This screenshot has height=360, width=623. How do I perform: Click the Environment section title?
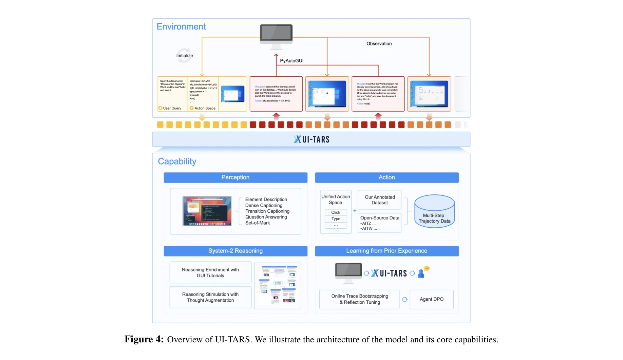click(x=181, y=27)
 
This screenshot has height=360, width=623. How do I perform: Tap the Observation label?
click(x=379, y=44)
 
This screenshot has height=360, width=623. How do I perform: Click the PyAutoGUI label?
click(x=291, y=61)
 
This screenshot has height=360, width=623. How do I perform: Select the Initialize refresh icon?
click(x=184, y=56)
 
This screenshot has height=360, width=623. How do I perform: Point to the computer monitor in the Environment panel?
click(x=276, y=35)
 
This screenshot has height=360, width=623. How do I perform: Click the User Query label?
click(x=172, y=108)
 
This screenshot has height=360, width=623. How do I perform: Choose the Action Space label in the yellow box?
click(x=205, y=108)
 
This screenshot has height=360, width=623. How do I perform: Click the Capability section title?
click(x=177, y=162)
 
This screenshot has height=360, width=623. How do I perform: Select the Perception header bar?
click(x=235, y=177)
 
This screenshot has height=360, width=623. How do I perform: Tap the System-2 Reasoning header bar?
click(x=235, y=251)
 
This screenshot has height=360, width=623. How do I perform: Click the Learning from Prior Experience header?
click(x=386, y=251)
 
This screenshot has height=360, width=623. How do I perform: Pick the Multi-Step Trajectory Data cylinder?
click(x=434, y=212)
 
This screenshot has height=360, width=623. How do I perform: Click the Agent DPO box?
click(x=431, y=299)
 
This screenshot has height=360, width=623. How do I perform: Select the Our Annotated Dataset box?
click(x=379, y=200)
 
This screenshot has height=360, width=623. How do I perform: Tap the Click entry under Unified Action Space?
click(x=336, y=212)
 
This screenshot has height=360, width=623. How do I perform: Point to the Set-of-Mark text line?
click(x=258, y=223)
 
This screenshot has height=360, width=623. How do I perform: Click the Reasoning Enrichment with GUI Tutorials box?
click(x=210, y=272)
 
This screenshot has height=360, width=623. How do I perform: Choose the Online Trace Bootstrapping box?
click(x=359, y=299)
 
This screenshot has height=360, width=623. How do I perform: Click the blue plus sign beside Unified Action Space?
click(x=355, y=211)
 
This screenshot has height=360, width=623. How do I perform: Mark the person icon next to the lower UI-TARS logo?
click(x=421, y=273)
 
